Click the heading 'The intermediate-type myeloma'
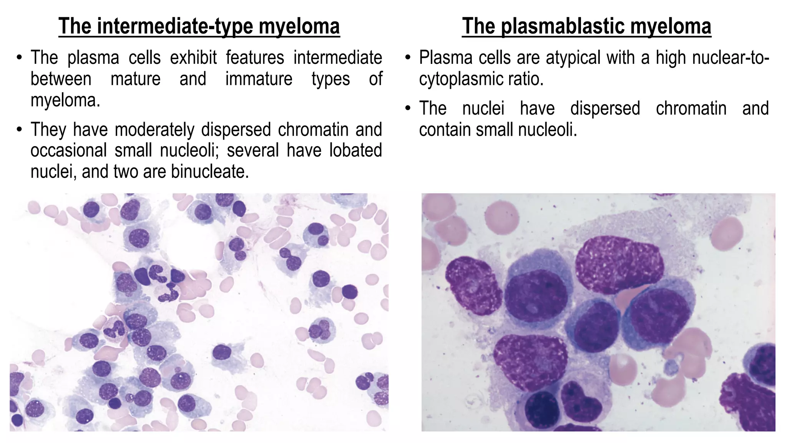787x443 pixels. coord(199,26)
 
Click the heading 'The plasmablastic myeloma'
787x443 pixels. coord(586,26)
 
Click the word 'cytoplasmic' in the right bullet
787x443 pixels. coord(460,79)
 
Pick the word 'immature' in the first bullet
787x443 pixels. coord(259,79)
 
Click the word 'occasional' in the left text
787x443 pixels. coord(68,150)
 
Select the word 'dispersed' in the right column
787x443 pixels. coord(605,108)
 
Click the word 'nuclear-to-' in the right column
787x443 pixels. coord(731,58)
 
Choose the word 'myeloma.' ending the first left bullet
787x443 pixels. coord(65,101)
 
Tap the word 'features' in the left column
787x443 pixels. coord(255,58)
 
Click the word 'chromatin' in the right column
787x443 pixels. coord(691,108)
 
